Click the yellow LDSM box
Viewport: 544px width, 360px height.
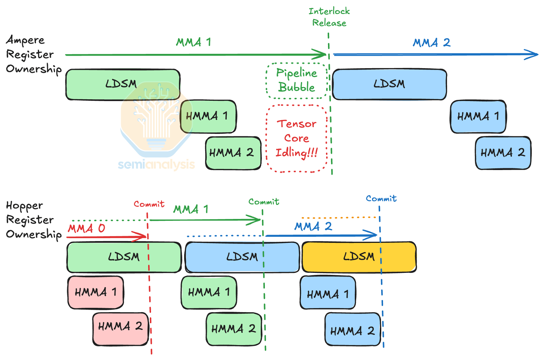point(359,257)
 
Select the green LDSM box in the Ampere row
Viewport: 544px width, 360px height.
point(123,84)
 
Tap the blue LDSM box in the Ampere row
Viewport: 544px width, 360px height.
point(389,84)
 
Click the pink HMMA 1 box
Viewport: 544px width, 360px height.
point(95,292)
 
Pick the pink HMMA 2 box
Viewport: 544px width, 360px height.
point(120,329)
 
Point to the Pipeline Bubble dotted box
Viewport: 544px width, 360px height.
point(297,81)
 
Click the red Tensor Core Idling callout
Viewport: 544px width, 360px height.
point(297,139)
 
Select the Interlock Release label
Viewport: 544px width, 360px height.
point(329,17)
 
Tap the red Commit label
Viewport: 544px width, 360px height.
point(149,204)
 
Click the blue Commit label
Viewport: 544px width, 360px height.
point(381,199)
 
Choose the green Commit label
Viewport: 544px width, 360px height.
point(264,202)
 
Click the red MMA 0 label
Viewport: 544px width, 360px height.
point(87,228)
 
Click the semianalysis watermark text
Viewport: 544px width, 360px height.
point(156,164)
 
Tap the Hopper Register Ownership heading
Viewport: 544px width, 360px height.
point(33,220)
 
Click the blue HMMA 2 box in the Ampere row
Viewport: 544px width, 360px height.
point(503,153)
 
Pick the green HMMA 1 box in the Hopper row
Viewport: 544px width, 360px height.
point(209,292)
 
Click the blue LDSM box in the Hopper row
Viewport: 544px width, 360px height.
point(242,257)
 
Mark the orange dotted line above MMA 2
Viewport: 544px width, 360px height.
point(339,217)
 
